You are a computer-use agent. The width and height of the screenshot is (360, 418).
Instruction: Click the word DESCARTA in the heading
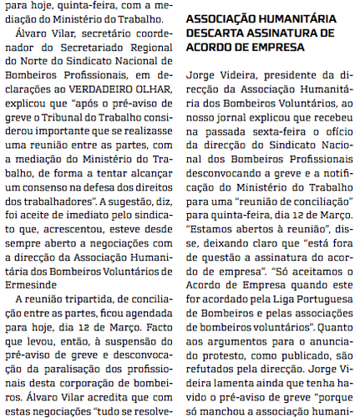[x=215, y=33]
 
